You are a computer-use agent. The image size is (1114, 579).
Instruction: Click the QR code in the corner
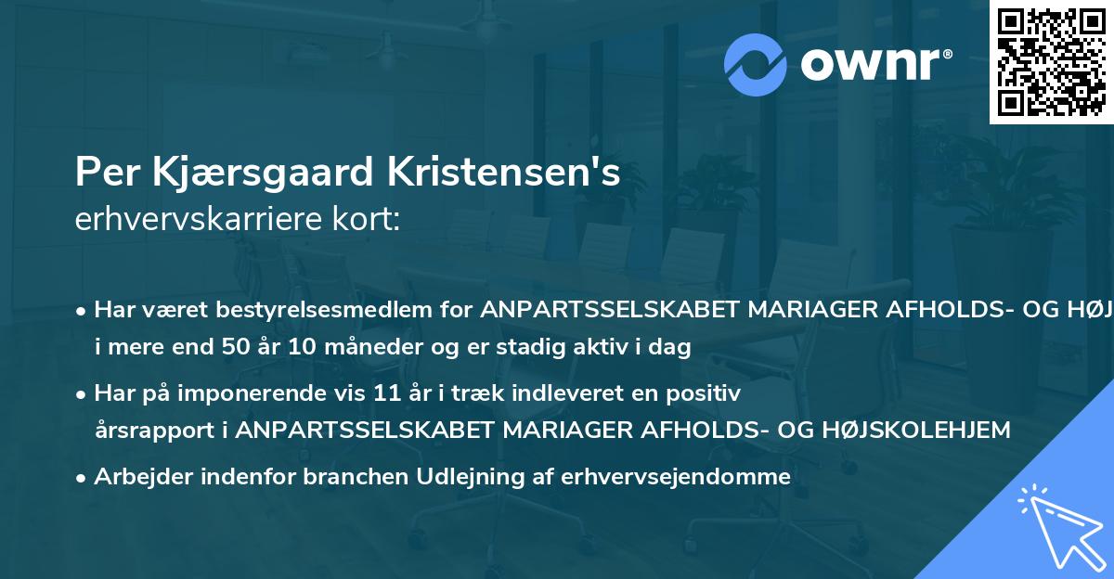click(1051, 62)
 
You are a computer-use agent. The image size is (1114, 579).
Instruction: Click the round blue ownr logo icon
click(755, 64)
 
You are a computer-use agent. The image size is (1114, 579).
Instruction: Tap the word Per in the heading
click(97, 173)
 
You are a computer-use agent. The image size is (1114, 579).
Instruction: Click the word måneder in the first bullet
click(359, 348)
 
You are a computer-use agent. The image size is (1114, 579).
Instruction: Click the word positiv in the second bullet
click(709, 393)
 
